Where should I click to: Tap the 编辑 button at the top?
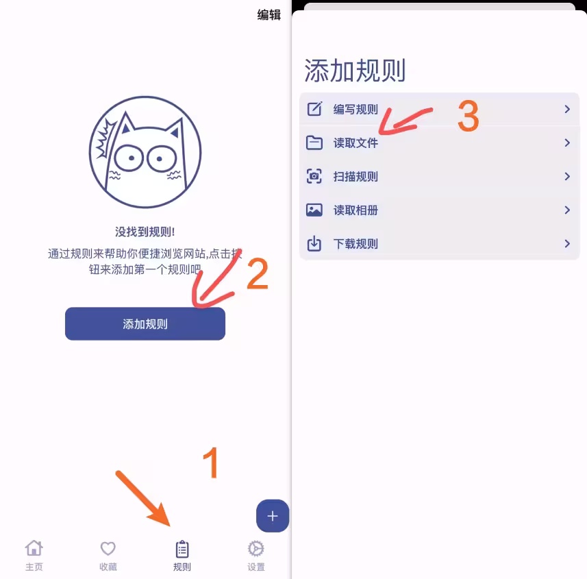tap(268, 14)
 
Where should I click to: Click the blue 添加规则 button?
tap(145, 324)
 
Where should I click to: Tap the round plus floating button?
tap(273, 517)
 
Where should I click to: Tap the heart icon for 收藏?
tap(108, 549)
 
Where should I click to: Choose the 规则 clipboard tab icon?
tap(182, 549)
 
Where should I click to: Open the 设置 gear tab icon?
tap(256, 549)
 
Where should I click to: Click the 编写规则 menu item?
tap(355, 110)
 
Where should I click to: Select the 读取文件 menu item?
tap(355, 143)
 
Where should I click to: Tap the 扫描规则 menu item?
tap(355, 177)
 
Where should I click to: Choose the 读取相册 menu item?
tap(355, 210)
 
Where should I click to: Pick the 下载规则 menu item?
tap(355, 244)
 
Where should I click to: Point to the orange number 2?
tap(257, 274)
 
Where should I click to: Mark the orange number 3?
tap(468, 116)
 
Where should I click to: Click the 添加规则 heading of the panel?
tap(355, 71)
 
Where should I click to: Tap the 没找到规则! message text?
tap(145, 232)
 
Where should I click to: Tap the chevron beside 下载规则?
tap(567, 244)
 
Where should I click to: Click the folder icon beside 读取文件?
tap(314, 143)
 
